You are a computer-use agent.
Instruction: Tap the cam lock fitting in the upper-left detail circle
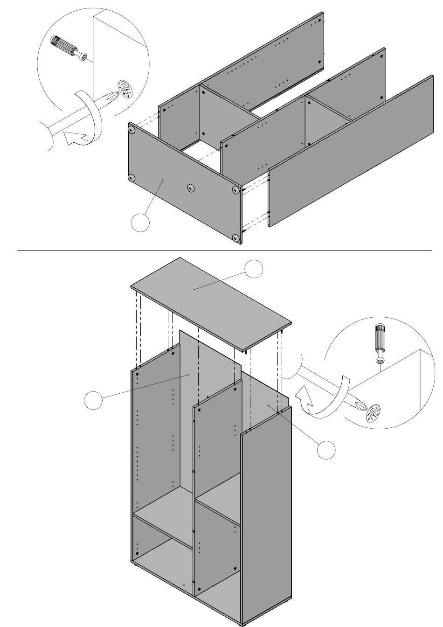point(125,89)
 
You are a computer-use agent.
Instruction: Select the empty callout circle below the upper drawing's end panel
point(140,223)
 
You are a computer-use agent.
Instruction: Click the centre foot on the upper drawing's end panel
point(190,188)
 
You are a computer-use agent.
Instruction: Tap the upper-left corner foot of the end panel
point(132,129)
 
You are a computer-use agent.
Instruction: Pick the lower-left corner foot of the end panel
point(132,178)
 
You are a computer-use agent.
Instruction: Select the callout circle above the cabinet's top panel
point(254,269)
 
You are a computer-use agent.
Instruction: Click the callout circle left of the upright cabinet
point(93,400)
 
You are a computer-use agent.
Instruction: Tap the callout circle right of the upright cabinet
point(326,449)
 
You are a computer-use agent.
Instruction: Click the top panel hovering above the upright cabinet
point(210,303)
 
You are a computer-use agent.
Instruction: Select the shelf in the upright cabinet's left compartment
point(163,527)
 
